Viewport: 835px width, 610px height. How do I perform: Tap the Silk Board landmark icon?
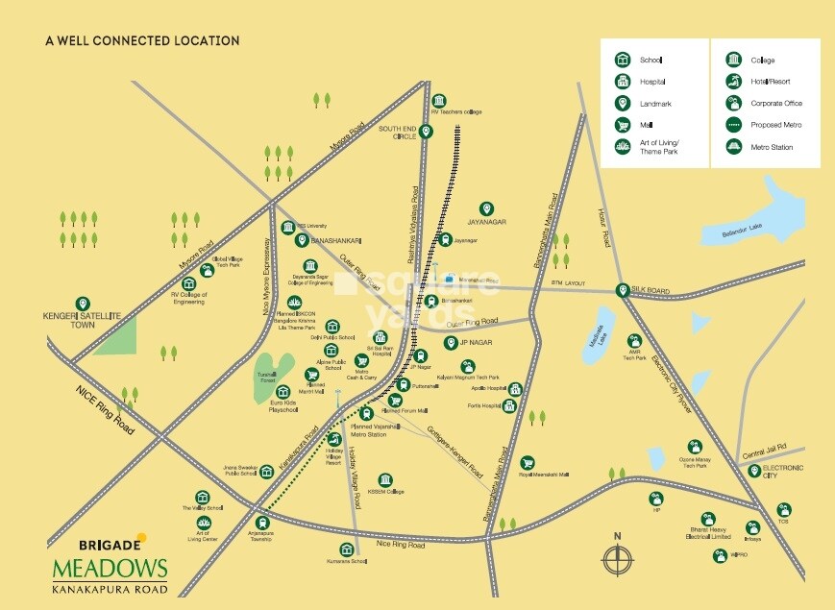coord(624,289)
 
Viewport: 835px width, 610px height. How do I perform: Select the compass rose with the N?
coord(618,557)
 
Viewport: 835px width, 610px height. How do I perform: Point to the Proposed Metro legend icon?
coord(733,125)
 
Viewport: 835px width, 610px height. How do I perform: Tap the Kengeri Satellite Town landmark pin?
coord(82,304)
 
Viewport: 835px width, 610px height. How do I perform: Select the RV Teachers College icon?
coord(439,100)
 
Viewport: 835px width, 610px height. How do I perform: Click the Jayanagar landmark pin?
coord(486,208)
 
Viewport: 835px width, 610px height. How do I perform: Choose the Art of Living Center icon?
coord(203,524)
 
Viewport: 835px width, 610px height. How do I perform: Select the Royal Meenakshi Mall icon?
coord(527,463)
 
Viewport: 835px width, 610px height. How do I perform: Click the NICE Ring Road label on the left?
coord(105,406)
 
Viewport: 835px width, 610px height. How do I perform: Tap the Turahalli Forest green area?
coord(275,369)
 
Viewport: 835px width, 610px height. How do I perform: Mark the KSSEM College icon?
coord(385,479)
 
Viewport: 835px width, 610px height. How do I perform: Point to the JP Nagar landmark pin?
coord(450,343)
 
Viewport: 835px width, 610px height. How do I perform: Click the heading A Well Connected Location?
coord(142,41)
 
